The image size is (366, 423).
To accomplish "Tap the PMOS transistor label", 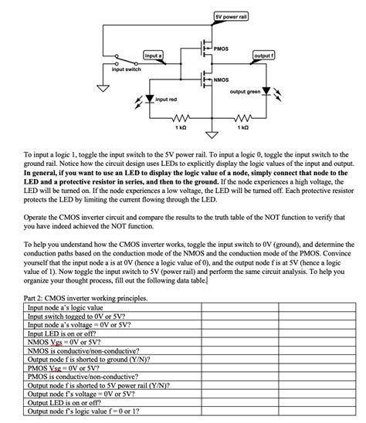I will pos(222,49).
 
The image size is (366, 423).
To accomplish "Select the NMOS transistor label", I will pos(222,80).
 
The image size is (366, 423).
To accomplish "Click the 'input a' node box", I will pos(153,55).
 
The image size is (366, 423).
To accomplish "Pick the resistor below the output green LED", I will pos(242,119).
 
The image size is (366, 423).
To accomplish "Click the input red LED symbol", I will pos(148,99).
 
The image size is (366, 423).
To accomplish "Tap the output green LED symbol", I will pos(267,92).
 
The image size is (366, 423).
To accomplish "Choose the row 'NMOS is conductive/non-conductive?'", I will pos(77,350).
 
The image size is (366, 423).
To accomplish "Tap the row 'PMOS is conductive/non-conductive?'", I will pos(77,376).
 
